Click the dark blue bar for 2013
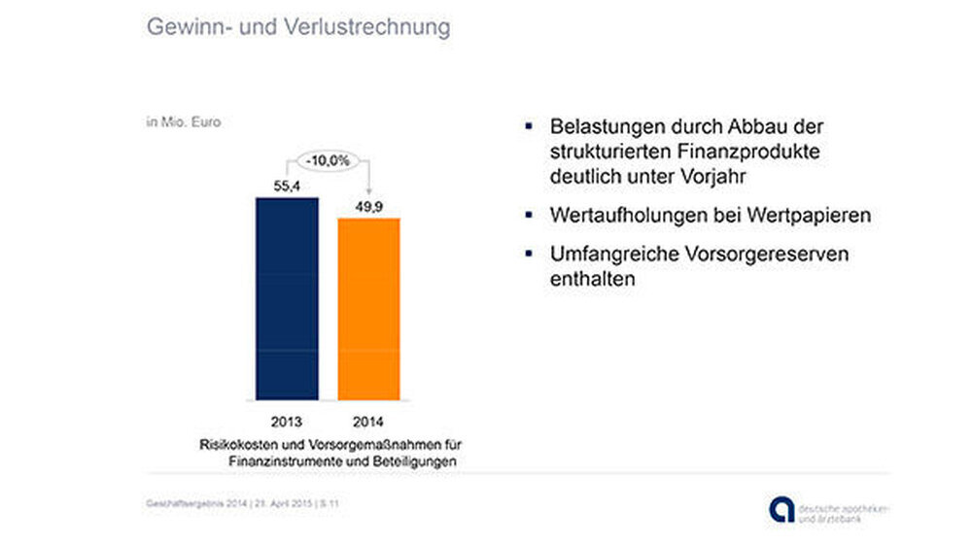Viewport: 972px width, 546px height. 287,298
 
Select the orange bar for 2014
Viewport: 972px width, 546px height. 368,308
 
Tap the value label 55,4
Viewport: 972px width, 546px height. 288,185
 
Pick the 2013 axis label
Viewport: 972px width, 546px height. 288,423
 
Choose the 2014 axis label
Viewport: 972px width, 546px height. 368,423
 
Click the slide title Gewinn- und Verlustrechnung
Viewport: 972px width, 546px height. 298,26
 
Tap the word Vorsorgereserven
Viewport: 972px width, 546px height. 756,255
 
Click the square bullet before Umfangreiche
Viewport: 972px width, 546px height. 529,254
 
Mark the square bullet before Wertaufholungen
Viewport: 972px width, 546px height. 529,214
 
